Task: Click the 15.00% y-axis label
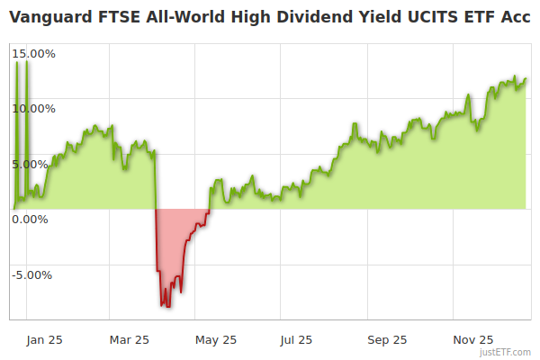[x=33, y=53]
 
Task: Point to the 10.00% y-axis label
[x=33, y=108]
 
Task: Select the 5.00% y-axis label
[x=36, y=164]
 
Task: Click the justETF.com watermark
[x=506, y=352]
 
